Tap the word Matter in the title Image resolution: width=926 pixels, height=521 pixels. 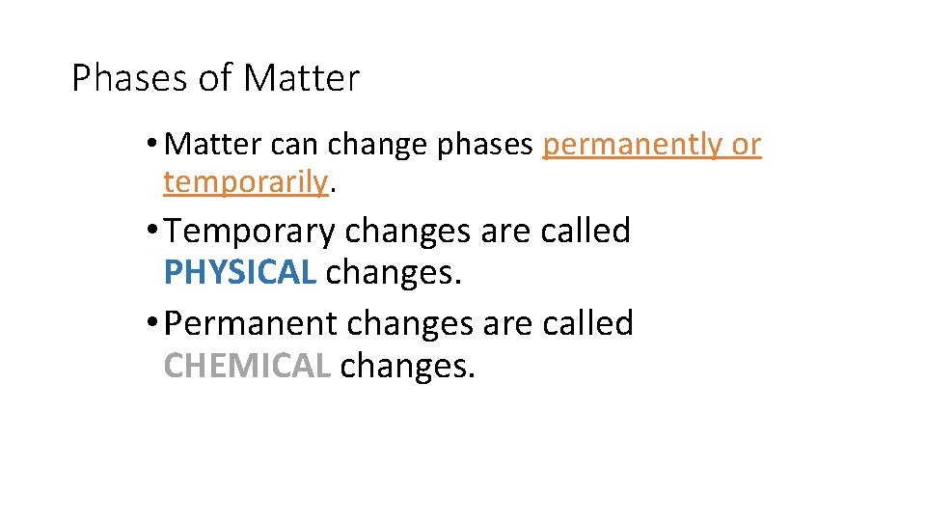click(301, 78)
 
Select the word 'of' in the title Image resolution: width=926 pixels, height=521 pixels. click(215, 78)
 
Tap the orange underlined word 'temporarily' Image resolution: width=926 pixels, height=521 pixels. click(246, 180)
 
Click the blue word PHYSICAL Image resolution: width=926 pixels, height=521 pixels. click(240, 273)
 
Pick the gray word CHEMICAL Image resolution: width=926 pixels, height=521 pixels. click(247, 366)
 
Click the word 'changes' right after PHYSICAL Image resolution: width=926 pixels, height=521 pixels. click(394, 273)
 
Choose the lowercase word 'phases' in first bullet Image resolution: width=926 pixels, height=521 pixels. click(485, 145)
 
